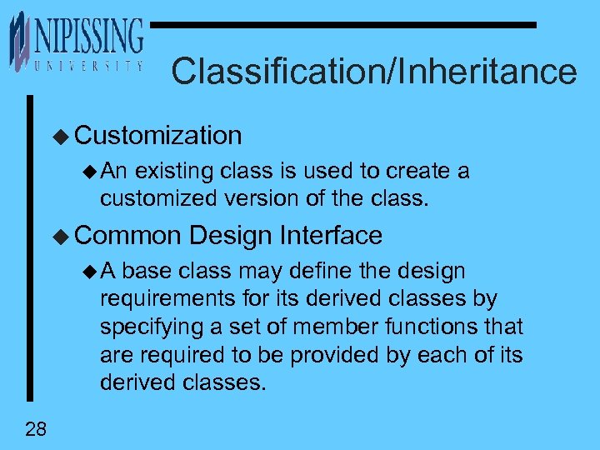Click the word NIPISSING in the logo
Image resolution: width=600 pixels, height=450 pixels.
87,37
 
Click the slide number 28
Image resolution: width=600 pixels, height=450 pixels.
36,430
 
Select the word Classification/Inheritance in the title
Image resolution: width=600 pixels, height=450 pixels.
373,72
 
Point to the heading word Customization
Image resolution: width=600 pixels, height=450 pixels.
158,135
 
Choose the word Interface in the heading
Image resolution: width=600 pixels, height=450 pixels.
331,236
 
